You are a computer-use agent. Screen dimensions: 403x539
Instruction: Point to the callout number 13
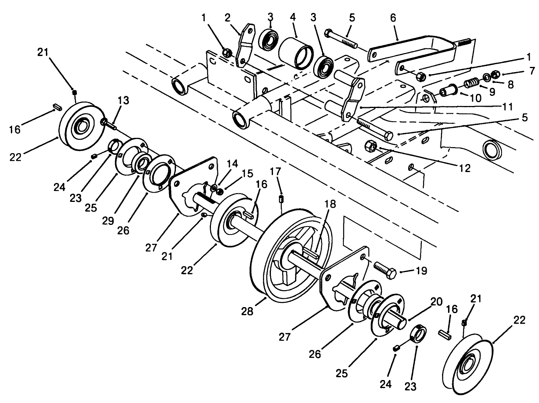coord(124,100)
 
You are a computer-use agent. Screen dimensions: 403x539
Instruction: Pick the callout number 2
coord(227,18)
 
